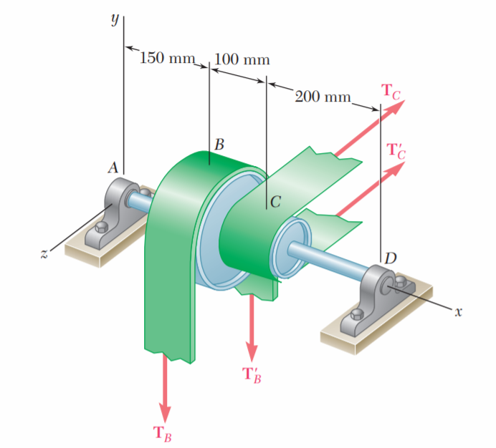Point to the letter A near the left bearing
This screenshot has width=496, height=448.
point(113,169)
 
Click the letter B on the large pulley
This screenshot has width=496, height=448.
point(219,145)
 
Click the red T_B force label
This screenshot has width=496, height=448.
point(162,434)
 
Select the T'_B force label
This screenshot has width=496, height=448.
point(252,374)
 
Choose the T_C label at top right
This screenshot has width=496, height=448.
point(392,91)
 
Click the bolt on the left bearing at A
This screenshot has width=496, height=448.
point(101,228)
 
